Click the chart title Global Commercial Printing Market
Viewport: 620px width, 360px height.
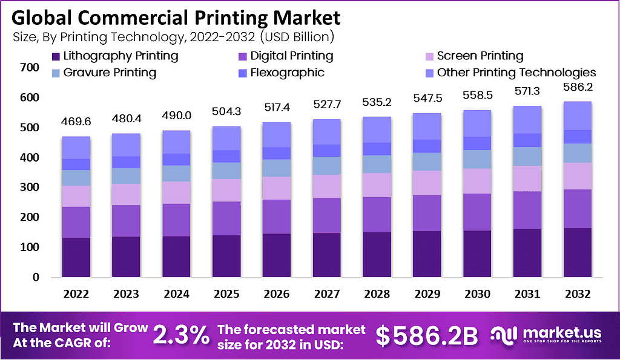[176, 16]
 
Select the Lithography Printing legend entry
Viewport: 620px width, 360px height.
[115, 56]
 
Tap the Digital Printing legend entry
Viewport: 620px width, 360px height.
[285, 56]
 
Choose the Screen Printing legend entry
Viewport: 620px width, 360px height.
[473, 56]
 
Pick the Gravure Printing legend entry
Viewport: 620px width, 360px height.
[102, 73]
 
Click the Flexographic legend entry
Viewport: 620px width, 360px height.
[280, 73]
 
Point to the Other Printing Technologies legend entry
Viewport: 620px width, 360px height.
[509, 73]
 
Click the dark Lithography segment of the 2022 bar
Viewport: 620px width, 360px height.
[76, 257]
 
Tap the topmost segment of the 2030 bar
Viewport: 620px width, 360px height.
[477, 123]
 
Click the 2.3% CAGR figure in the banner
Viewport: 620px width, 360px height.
[181, 333]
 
